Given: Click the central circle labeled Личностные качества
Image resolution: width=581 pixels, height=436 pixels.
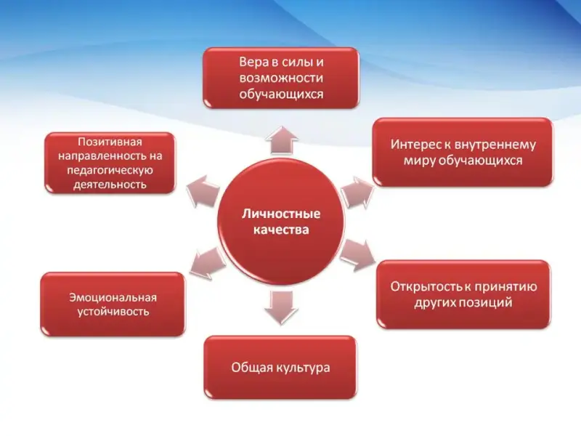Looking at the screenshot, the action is pyautogui.click(x=281, y=222).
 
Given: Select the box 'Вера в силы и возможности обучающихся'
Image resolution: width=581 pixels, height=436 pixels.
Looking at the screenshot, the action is pyautogui.click(x=281, y=78).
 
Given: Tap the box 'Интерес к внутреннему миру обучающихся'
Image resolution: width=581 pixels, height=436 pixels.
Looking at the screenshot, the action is pyautogui.click(x=463, y=152).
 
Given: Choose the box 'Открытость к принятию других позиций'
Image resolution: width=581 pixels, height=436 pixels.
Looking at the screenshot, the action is pyautogui.click(x=463, y=294).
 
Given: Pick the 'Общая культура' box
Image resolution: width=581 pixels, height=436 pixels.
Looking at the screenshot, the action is pyautogui.click(x=280, y=368).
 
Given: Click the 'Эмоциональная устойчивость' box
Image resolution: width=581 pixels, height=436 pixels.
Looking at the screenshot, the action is pyautogui.click(x=113, y=304).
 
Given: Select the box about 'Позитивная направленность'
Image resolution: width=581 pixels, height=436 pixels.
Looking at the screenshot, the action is pyautogui.click(x=110, y=163).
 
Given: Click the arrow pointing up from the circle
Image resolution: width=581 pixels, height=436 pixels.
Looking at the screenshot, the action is pyautogui.click(x=282, y=140).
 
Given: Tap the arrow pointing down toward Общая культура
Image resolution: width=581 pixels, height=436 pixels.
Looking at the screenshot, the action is pyautogui.click(x=281, y=307).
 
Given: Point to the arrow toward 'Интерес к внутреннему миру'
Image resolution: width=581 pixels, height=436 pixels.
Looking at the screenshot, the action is pyautogui.click(x=357, y=193).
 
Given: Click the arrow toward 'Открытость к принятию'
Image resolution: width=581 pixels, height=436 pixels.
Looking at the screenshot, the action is pyautogui.click(x=357, y=255).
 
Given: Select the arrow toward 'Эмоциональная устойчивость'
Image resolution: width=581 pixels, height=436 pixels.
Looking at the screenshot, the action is pyautogui.click(x=207, y=263).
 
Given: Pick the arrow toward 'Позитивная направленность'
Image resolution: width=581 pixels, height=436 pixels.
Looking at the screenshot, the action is pyautogui.click(x=203, y=190).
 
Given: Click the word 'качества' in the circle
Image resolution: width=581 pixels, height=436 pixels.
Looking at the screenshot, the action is pyautogui.click(x=281, y=230).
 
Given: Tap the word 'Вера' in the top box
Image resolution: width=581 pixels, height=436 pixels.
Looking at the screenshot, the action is pyautogui.click(x=253, y=62).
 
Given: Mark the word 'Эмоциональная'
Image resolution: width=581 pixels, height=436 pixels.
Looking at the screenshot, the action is pyautogui.click(x=113, y=297).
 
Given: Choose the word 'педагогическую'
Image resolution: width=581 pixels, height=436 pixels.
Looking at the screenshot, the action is pyautogui.click(x=110, y=170).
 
